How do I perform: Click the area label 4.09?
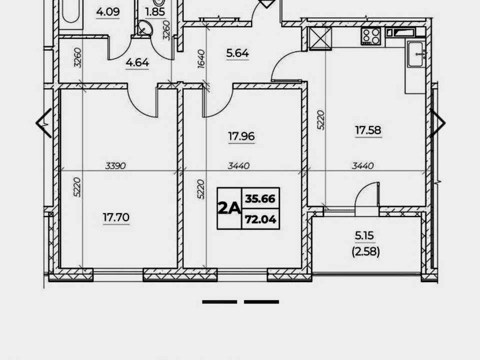point(108,11)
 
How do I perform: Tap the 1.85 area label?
point(155,11)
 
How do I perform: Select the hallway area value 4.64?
point(137,62)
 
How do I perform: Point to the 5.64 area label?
point(237,53)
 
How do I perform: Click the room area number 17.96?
point(241,136)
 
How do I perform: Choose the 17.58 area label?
point(368,130)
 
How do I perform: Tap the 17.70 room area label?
point(116,217)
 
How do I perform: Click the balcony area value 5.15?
point(364,235)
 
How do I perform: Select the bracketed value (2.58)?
point(366,251)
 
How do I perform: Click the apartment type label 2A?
point(229,208)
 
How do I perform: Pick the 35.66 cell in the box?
point(260,198)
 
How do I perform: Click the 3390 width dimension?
point(115,165)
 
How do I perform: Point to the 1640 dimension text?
point(201,59)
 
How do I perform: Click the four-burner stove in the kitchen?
point(371,36)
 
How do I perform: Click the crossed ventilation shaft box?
point(320,38)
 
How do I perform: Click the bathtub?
point(70,11)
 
